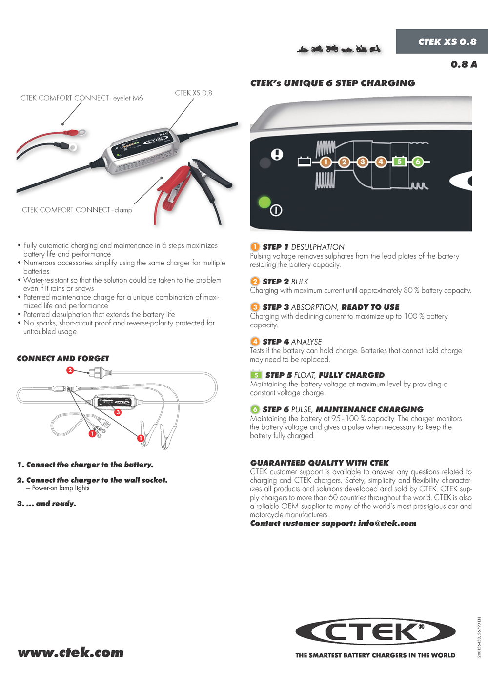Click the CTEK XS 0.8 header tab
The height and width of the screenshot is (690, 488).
coord(447,41)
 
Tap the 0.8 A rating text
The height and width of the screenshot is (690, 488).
coord(464,64)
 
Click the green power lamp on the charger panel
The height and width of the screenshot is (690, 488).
coord(264,202)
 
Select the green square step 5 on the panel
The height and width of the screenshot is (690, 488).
coord(399,162)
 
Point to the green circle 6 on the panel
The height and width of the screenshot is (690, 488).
coord(418,162)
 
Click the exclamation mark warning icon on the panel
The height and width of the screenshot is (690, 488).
coord(277,155)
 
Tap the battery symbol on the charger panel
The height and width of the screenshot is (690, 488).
coord(305,161)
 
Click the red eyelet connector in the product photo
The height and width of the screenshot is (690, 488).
coord(76,132)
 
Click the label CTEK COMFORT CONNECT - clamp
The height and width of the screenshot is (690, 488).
coord(77,210)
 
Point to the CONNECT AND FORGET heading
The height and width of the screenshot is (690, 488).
coord(63,358)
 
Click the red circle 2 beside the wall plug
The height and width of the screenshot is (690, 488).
coord(70,370)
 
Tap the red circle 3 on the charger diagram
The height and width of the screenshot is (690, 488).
coord(118,412)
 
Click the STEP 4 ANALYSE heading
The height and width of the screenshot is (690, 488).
coord(292,342)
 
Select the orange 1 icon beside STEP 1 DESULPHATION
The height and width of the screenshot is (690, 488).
coord(255,247)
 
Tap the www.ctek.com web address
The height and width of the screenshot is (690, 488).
coord(71,652)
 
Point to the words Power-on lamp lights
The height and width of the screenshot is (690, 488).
coord(61,488)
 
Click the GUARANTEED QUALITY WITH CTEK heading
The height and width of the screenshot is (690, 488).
coord(320,463)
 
